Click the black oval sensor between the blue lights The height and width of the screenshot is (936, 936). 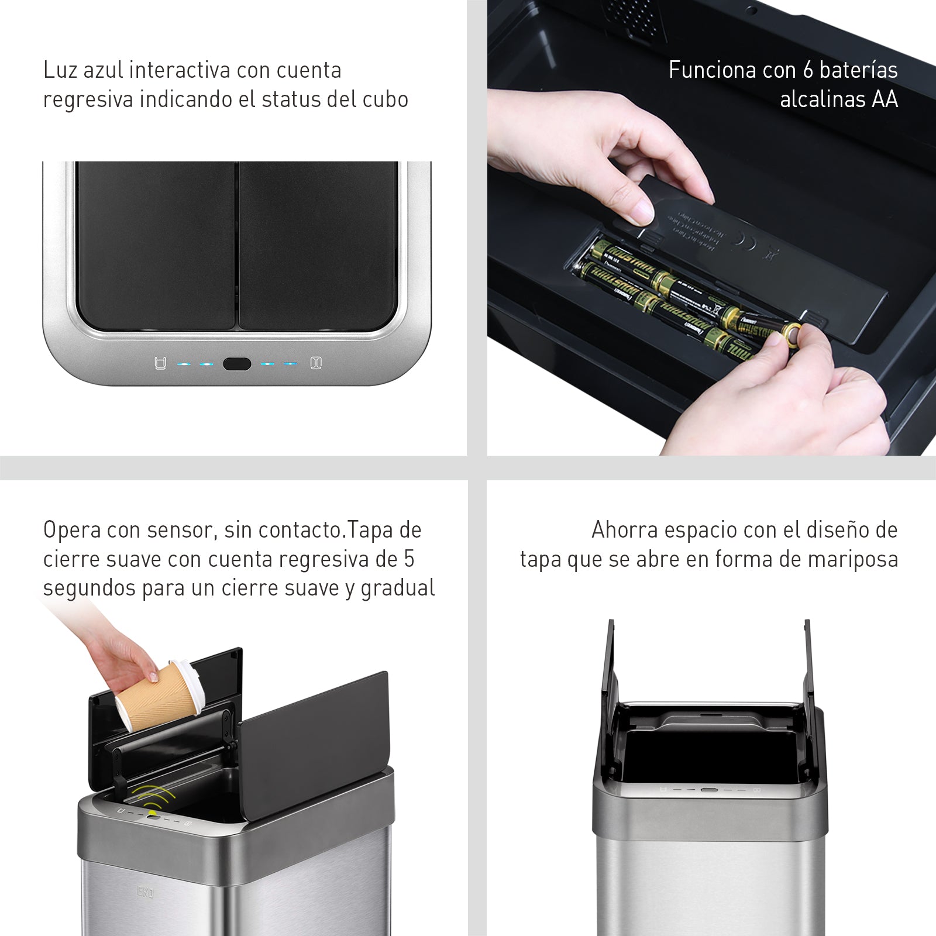click(x=237, y=364)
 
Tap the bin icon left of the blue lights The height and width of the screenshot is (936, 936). click(x=159, y=364)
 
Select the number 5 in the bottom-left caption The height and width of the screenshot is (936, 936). click(x=409, y=560)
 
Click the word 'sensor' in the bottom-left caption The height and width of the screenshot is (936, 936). click(x=173, y=531)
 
